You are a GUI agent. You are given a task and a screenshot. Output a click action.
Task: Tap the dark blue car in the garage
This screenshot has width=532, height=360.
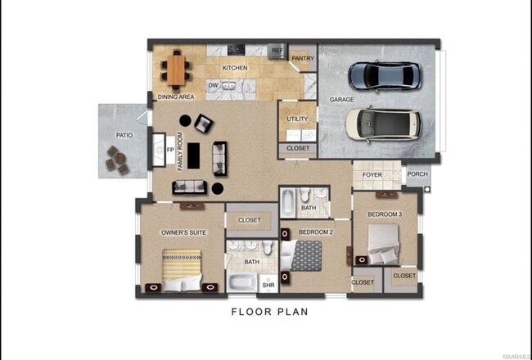(x=385, y=76)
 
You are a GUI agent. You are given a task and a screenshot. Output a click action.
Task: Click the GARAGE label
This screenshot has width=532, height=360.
(x=341, y=100)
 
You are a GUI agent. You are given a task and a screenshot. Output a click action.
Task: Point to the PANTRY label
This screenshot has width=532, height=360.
(x=303, y=59)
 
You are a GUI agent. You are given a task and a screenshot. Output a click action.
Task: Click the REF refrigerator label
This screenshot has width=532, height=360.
(x=277, y=50)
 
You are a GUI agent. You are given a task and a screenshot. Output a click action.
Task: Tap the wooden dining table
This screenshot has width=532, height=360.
(x=176, y=69)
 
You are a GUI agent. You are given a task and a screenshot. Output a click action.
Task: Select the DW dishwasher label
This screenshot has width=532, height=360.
(x=213, y=85)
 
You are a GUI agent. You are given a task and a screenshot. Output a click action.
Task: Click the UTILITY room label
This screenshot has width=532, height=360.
(x=297, y=119)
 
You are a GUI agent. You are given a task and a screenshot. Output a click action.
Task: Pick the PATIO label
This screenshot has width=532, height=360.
(x=124, y=136)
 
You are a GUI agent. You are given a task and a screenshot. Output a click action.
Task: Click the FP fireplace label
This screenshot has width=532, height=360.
(x=170, y=151)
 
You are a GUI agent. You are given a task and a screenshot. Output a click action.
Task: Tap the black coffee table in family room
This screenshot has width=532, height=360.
(x=194, y=155)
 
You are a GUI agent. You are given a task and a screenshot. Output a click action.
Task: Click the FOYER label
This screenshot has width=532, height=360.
(x=372, y=174)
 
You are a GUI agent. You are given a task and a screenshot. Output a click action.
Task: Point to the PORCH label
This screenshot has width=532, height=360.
(x=417, y=173)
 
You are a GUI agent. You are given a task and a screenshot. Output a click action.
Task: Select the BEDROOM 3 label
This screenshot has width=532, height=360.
(x=384, y=214)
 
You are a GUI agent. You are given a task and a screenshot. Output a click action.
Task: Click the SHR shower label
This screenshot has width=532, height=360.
(x=268, y=286)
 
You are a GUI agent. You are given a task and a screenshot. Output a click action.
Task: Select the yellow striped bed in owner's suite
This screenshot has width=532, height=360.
(x=181, y=269)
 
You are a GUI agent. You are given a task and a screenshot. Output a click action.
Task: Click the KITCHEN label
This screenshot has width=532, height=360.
(x=235, y=68)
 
